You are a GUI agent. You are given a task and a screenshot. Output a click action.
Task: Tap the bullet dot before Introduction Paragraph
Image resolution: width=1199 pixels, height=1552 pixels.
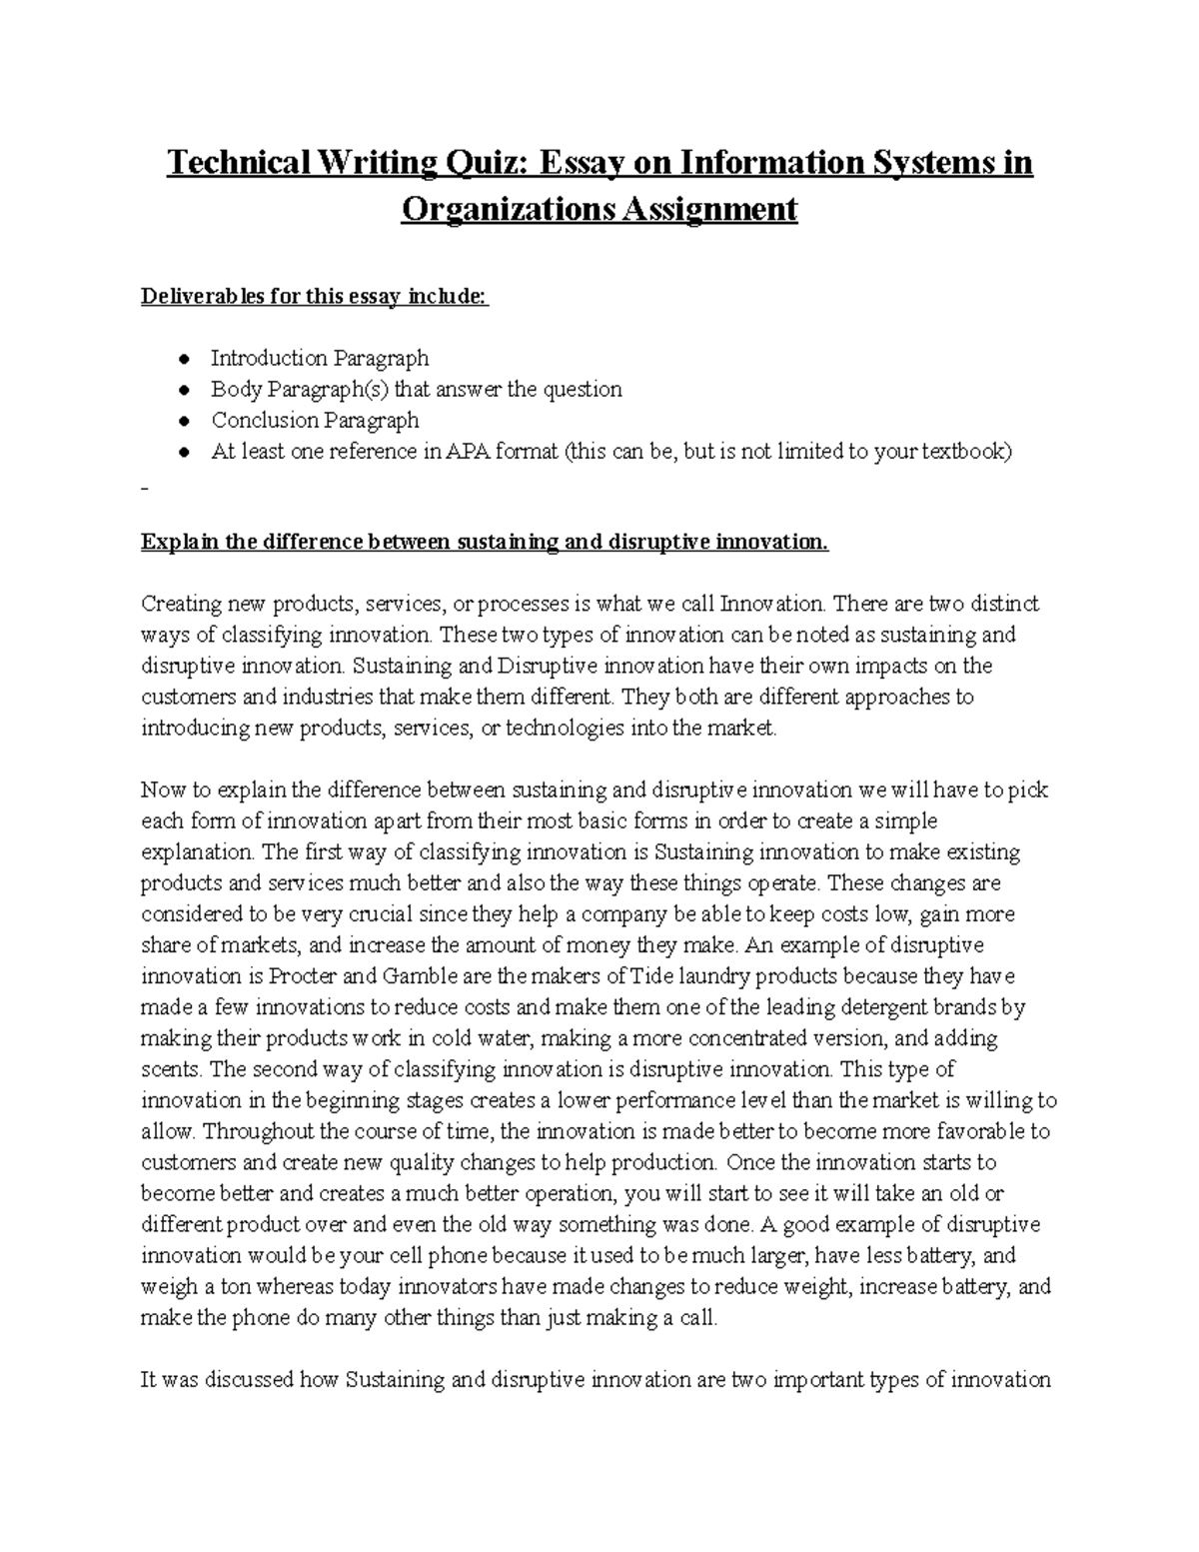coord(182,359)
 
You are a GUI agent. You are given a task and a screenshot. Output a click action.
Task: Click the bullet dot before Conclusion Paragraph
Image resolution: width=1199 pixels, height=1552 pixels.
coord(182,421)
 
